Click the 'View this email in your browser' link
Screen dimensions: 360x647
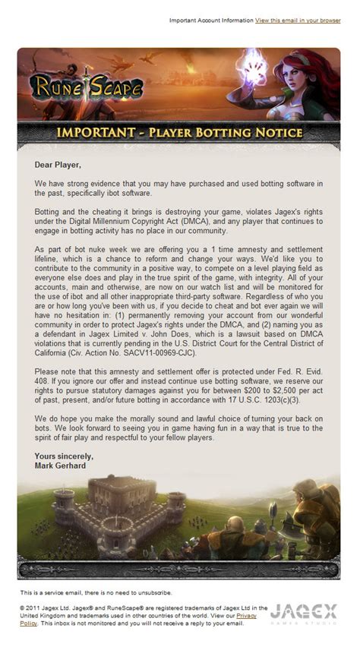tap(298, 21)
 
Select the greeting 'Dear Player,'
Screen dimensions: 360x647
tap(57, 164)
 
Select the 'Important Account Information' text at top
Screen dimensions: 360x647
tap(210, 21)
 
